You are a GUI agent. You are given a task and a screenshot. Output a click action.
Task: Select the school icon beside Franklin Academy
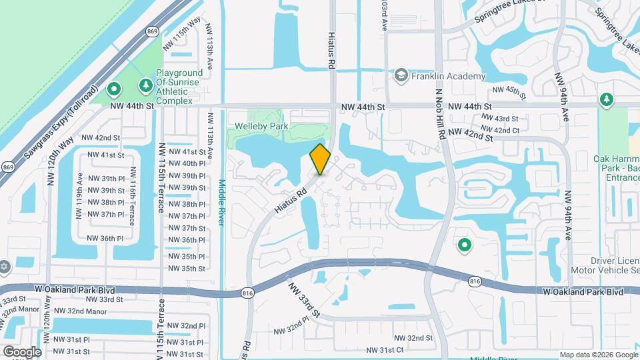(401, 75)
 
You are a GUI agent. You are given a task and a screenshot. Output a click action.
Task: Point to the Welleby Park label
(260, 126)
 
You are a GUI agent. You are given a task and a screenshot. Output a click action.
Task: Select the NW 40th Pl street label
(187, 163)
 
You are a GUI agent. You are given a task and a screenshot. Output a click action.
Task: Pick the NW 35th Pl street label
(187, 256)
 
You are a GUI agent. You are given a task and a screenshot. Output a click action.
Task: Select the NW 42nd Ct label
(499, 130)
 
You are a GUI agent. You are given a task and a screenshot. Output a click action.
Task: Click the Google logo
(22, 351)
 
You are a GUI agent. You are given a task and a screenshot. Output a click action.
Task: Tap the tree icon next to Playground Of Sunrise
(145, 85)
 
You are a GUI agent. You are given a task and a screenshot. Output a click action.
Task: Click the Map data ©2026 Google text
(598, 355)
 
